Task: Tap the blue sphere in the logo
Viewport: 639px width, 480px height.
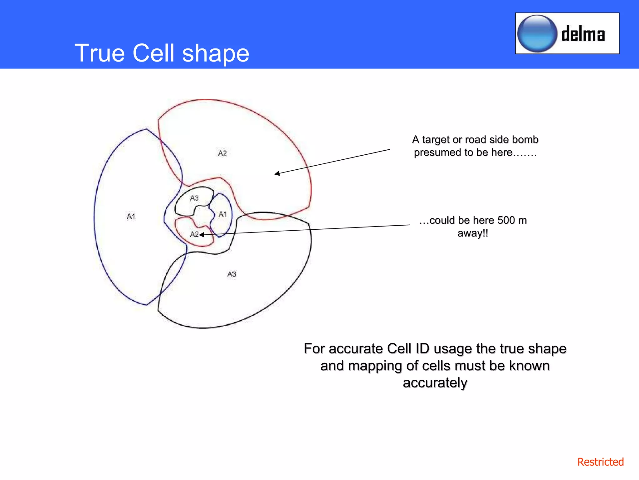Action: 537,33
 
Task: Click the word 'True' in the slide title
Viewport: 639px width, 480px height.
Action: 100,53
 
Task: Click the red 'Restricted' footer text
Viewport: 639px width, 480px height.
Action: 600,462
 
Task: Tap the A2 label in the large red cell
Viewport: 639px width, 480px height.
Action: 222,153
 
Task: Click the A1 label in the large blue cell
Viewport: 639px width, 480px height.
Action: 131,216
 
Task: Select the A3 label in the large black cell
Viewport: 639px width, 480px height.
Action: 232,274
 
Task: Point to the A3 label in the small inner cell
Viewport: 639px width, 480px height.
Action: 194,198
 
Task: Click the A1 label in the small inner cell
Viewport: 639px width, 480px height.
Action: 222,214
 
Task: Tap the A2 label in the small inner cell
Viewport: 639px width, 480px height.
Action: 194,234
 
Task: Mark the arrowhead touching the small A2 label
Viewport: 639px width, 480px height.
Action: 202,234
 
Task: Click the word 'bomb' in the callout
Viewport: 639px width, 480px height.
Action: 527,139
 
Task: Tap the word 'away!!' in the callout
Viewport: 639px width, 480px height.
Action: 473,233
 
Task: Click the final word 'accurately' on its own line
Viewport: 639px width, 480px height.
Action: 435,383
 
